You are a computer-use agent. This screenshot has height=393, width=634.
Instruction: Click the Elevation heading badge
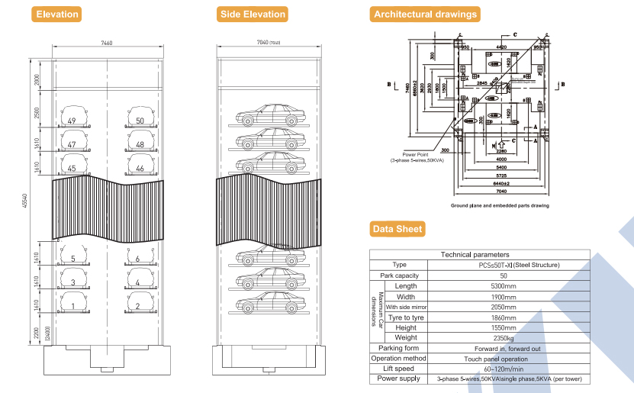click(57, 14)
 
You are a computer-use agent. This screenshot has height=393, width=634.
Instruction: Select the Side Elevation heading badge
click(253, 14)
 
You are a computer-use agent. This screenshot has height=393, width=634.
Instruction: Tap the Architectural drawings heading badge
click(425, 14)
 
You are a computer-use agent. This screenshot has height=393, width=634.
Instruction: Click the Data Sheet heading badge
click(397, 229)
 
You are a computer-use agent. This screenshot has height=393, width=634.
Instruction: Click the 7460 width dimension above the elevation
click(106, 44)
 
